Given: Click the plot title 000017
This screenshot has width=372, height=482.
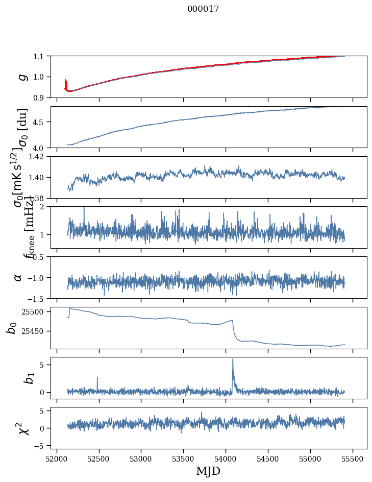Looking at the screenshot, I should coord(203,9).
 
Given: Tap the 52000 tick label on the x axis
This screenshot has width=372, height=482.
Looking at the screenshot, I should coord(57,457).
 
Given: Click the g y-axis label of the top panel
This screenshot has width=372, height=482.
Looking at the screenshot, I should coord(22,77).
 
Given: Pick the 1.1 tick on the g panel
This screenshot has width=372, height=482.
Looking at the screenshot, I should coord(39,56).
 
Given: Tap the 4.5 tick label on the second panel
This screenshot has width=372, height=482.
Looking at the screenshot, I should coord(39,122).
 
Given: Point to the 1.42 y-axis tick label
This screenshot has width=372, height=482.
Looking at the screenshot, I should coord(37,157).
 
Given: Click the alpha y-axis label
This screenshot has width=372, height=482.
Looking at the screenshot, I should coord(18,277).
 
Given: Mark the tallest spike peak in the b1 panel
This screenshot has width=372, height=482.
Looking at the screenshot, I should coord(233,359).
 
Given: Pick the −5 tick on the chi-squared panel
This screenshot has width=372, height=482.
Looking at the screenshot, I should coord(39,446).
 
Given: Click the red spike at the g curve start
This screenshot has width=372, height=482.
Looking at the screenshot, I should coord(66,82).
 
